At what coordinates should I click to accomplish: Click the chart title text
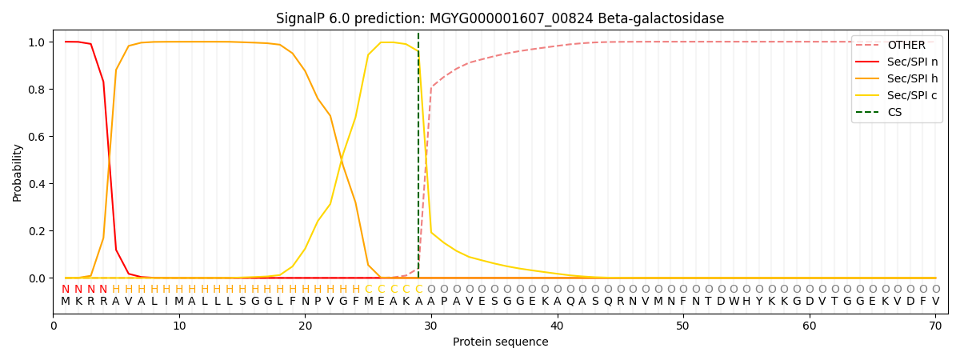pos(500,18)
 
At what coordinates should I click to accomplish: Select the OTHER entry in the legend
pos(906,46)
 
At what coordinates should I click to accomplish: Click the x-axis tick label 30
pos(431,326)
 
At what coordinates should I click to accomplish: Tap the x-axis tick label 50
pos(683,326)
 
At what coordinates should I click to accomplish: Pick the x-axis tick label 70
pos(935,326)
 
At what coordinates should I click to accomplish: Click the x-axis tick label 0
pos(54,326)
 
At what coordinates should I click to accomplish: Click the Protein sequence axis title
pos(500,342)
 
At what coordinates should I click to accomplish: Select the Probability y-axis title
pos(18,173)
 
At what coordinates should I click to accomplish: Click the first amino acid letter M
pos(66,302)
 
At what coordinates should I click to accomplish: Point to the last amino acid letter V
pos(935,302)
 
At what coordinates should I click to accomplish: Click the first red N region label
pos(66,290)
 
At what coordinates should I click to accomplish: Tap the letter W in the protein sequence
pos(734,302)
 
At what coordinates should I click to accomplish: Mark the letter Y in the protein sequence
pos(759,302)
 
